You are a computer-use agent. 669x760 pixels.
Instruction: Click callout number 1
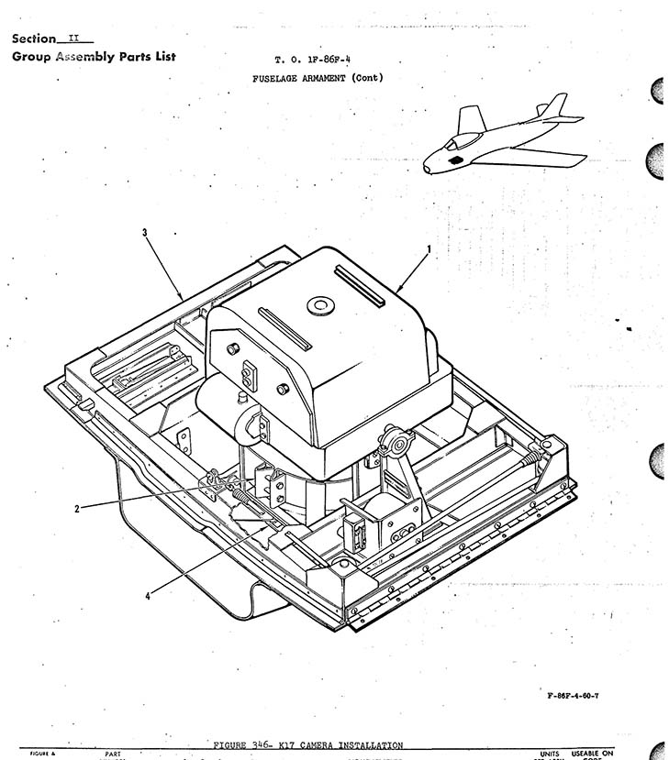pyautogui.click(x=429, y=248)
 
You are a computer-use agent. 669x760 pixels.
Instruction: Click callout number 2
pyautogui.click(x=76, y=509)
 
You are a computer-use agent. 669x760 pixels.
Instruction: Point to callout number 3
pyautogui.click(x=145, y=233)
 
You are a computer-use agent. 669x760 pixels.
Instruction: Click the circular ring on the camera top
pyautogui.click(x=321, y=305)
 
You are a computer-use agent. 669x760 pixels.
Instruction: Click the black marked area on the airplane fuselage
pyautogui.click(x=455, y=160)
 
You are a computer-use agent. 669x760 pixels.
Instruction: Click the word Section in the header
pyautogui.click(x=33, y=39)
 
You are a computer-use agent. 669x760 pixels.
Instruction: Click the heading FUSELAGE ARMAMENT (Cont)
pyautogui.click(x=318, y=78)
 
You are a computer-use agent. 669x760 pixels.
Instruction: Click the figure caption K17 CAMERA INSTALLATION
pyautogui.click(x=343, y=745)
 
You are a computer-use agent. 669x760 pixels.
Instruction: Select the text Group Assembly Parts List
pyautogui.click(x=94, y=57)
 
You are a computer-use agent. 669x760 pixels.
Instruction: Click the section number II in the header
pyautogui.click(x=75, y=38)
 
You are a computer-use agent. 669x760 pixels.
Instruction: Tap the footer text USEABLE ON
pyautogui.click(x=593, y=753)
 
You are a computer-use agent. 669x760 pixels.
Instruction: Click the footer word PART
pyautogui.click(x=114, y=754)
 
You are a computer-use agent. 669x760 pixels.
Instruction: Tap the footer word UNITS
pyautogui.click(x=550, y=754)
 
